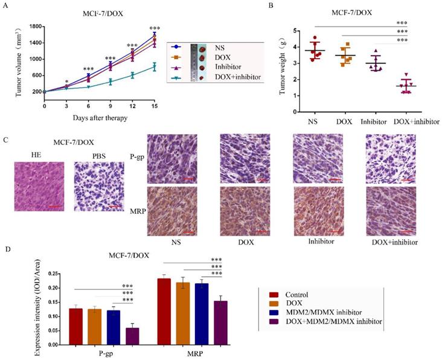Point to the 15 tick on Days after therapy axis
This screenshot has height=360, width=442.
click(155, 106)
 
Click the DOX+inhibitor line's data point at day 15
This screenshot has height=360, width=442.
click(155, 66)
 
